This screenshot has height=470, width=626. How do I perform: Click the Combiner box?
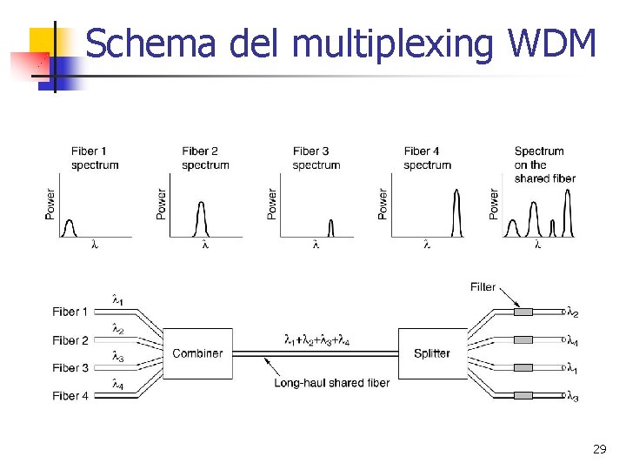tap(197, 353)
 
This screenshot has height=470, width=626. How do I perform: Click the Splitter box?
tap(432, 353)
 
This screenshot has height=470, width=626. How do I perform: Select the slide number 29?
tap(599, 450)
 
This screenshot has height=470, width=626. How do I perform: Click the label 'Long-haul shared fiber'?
tap(331, 382)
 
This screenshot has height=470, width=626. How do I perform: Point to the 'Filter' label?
tap(483, 287)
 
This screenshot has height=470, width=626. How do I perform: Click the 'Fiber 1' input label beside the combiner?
tap(70, 312)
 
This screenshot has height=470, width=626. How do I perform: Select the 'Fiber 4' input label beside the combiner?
tap(70, 396)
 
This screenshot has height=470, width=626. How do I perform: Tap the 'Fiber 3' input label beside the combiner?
tap(70, 368)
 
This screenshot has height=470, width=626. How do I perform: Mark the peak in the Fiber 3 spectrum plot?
tap(330, 228)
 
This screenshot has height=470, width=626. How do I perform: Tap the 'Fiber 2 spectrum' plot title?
tap(205, 158)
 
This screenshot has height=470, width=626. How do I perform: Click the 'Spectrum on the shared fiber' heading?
tap(544, 164)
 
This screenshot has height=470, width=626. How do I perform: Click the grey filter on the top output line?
tap(523, 312)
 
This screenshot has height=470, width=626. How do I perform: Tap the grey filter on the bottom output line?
tap(523, 396)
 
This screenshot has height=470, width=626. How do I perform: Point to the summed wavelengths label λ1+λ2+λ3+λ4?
tap(316, 340)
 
